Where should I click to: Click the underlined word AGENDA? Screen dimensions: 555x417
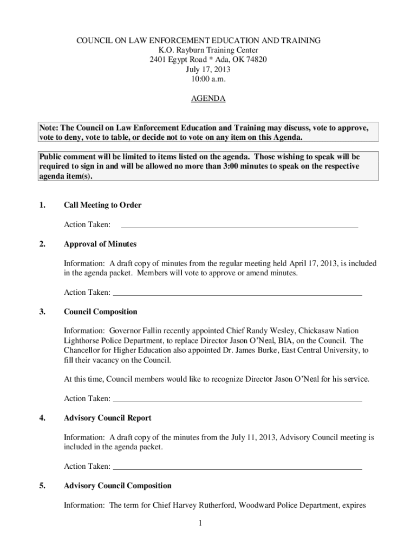pyautogui.click(x=208, y=99)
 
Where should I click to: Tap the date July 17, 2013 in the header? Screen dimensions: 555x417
pyautogui.click(x=208, y=69)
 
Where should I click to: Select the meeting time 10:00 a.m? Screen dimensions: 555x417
pyautogui.click(x=208, y=79)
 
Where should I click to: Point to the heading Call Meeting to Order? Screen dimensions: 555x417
pyautogui.click(x=102, y=205)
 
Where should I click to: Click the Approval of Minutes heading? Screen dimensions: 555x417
pyautogui.click(x=100, y=244)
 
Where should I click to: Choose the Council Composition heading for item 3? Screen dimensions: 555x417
pyautogui.click(x=100, y=312)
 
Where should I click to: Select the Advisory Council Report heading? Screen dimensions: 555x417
pyautogui.click(x=107, y=418)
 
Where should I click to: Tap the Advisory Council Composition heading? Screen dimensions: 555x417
pyautogui.click(x=118, y=486)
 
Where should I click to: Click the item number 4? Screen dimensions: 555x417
pyautogui.click(x=42, y=418)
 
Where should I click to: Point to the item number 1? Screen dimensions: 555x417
pyautogui.click(x=42, y=205)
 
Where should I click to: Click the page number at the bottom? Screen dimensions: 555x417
pyautogui.click(x=200, y=523)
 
